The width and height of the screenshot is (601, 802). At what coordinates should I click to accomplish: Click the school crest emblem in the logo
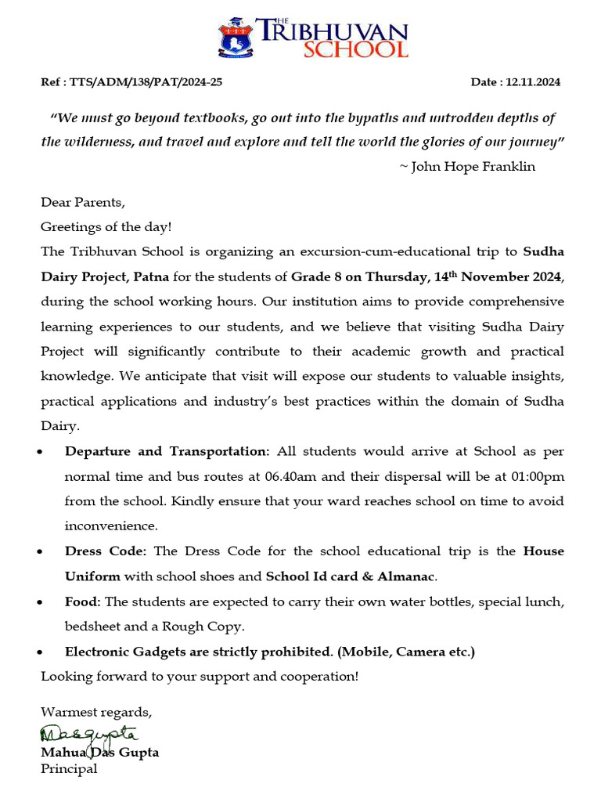click(234, 38)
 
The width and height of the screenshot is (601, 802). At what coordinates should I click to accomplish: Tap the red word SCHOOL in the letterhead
click(355, 49)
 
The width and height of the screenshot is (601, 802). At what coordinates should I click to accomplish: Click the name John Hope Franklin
click(473, 166)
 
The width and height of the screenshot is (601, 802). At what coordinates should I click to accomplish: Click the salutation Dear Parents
click(82, 202)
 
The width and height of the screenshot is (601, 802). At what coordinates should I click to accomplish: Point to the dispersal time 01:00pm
click(533, 476)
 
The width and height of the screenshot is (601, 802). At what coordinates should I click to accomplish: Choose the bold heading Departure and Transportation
click(167, 451)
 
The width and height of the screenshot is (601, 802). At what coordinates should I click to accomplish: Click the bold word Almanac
click(405, 576)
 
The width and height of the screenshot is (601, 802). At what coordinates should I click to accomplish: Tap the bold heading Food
click(83, 601)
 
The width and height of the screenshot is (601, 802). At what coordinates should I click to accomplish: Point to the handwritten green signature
click(88, 735)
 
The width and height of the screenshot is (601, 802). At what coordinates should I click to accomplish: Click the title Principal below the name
click(69, 769)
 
